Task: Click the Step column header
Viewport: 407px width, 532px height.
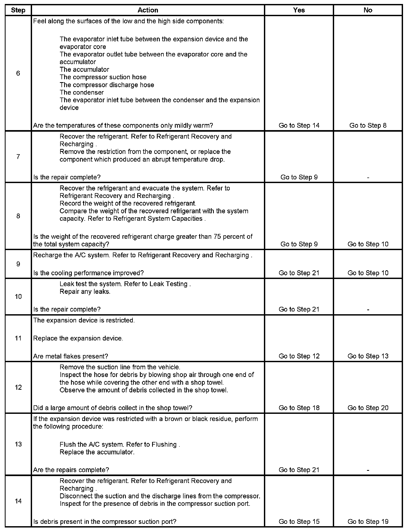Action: (18, 10)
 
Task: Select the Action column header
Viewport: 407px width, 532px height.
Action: (148, 10)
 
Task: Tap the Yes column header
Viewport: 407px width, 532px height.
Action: (299, 10)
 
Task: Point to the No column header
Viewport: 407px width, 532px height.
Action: (368, 10)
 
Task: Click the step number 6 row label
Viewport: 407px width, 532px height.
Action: (18, 73)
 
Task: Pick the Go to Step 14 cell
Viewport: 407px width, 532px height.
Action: (299, 125)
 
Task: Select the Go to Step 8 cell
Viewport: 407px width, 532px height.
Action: (368, 125)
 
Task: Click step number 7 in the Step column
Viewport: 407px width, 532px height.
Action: (18, 157)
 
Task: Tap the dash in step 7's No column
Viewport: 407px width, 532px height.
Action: (368, 178)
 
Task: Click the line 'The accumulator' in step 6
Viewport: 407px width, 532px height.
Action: (84, 70)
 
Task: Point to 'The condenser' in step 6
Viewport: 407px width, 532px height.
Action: (82, 92)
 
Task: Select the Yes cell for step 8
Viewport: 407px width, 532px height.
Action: (299, 244)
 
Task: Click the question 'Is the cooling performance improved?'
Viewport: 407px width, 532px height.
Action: (88, 273)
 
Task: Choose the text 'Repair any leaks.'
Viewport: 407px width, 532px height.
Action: (85, 292)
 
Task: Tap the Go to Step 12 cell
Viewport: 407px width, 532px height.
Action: (299, 356)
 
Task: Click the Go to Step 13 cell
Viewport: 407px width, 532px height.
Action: (368, 356)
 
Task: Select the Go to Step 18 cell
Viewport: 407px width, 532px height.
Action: (299, 408)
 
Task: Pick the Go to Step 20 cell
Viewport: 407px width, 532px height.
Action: (368, 408)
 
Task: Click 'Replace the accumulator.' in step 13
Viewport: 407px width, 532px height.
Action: (97, 452)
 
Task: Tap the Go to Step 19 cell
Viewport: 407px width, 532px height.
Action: (368, 522)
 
